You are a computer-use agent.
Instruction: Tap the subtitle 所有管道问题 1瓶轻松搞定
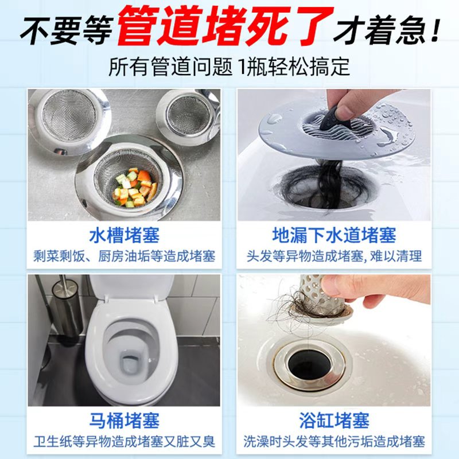pyautogui.click(x=229, y=67)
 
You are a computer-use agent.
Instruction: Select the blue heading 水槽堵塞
pyautogui.click(x=124, y=235)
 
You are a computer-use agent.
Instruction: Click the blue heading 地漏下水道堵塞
pyautogui.click(x=334, y=235)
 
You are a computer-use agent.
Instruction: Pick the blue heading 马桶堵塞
pyautogui.click(x=124, y=421)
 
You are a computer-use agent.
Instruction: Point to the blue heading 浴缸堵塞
pyautogui.click(x=334, y=421)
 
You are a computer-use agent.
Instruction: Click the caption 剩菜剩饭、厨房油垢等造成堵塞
pyautogui.click(x=124, y=256)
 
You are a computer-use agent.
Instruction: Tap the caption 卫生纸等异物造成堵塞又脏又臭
pyautogui.click(x=124, y=441)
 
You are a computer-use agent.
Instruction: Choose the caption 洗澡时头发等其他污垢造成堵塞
pyautogui.click(x=334, y=441)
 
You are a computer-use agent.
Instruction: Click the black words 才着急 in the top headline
pyautogui.click(x=380, y=30)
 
